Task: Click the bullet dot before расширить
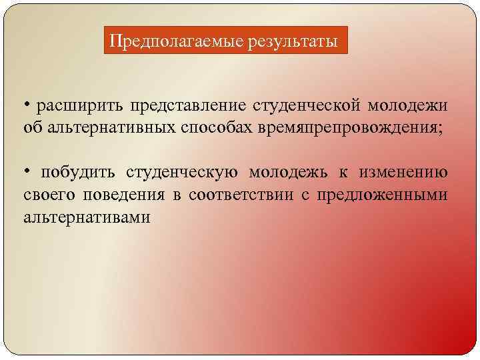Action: [x=26, y=105]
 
